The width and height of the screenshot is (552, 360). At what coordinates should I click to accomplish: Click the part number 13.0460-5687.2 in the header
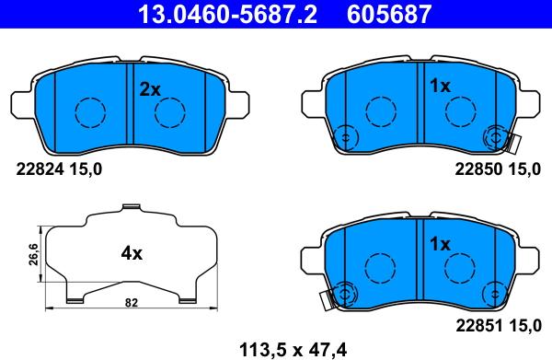click(x=227, y=14)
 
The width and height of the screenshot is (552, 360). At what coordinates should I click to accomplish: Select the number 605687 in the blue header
click(x=389, y=14)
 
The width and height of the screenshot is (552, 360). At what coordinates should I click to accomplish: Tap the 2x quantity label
click(x=150, y=89)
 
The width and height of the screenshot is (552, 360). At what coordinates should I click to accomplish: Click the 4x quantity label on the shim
click(x=132, y=253)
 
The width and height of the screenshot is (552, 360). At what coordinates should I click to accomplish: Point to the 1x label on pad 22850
click(x=440, y=86)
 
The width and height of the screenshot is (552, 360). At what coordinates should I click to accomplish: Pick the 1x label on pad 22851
click(x=440, y=244)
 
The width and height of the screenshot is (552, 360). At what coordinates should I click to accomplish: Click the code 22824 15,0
click(x=59, y=169)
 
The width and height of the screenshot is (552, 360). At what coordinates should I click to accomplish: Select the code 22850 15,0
click(x=498, y=169)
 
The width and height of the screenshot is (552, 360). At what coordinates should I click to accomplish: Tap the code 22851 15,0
click(x=499, y=326)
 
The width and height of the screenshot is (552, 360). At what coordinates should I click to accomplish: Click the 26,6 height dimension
click(x=34, y=254)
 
